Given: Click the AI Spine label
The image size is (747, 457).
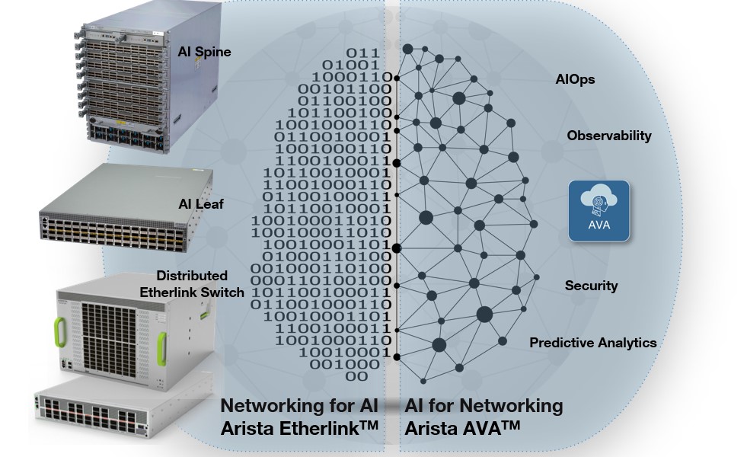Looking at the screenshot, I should point(204,52).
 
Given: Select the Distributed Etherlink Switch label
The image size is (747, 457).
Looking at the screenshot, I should point(200,283).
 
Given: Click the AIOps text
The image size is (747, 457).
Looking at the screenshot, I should point(575,79).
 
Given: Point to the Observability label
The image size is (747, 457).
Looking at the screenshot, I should point(609,136).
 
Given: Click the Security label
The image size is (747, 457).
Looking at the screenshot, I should point(591,286).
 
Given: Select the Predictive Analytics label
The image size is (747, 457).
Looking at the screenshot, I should point(592,343).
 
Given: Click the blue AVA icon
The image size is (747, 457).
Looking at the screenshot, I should point(600,211).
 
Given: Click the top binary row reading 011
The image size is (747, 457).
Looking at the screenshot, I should point(362,52).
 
